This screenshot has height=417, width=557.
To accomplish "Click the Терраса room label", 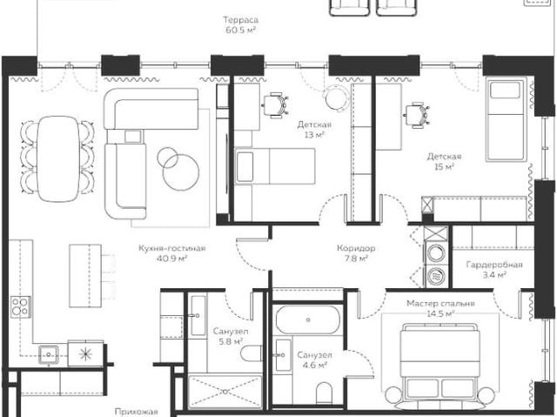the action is pos(240,19).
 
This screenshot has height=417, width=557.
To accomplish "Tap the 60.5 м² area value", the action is pos(240,30).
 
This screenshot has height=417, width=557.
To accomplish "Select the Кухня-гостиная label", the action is pos(172,248).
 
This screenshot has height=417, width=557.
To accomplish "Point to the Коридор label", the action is pos(356,248).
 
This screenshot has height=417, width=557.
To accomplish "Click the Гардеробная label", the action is pos(494,265).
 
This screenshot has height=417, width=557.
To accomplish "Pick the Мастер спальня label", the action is pos(440,303).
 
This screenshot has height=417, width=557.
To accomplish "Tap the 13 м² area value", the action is pos(314,135).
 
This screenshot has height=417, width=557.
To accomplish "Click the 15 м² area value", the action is pos(444,166).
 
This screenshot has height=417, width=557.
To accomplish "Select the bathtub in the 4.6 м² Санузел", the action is pos(307,319).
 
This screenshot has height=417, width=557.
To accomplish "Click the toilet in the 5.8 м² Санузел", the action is pos(252,353).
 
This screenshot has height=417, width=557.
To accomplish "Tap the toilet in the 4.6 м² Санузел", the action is pos(324,393).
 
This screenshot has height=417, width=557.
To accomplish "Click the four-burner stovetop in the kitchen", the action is pos(20,307).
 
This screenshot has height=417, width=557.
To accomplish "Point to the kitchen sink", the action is pos(49,354).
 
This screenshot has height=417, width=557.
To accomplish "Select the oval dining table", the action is pos(58,158).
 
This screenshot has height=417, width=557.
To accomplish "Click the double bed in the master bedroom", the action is pos(440,362).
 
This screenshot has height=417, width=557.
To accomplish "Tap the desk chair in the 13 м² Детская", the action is pos(276,105).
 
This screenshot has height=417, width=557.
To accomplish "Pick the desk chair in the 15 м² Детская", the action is pos(418,115).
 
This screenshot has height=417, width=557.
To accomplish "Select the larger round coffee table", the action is pos(181,173).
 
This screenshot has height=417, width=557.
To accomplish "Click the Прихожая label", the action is pos(136,412).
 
